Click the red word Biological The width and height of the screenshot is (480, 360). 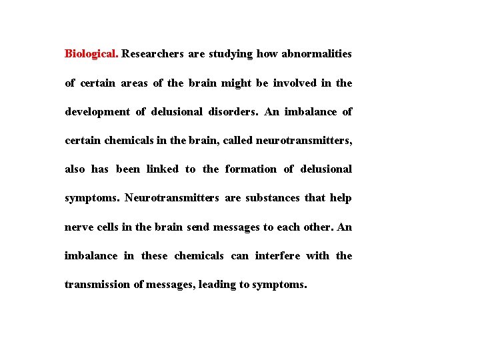point(91,54)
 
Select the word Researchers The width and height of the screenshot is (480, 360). point(153,54)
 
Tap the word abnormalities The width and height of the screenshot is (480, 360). point(317,54)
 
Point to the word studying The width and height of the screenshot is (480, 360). point(231,54)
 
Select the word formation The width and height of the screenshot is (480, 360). point(250,169)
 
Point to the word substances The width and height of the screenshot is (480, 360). point(272,198)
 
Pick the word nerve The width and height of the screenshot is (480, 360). point(78,227)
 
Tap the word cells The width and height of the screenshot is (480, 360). point(107,227)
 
